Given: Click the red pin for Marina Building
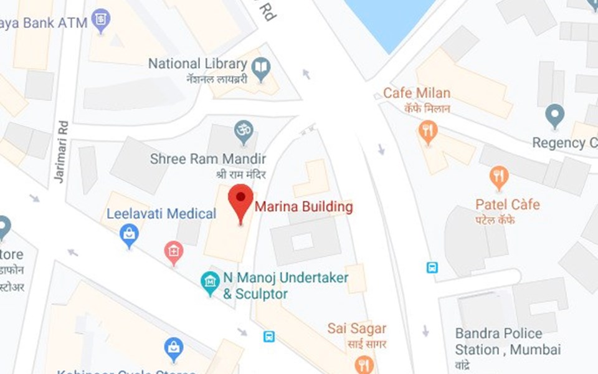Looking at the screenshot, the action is click(240, 198).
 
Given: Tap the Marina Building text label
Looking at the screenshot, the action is click(305, 207).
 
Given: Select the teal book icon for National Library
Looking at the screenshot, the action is click(262, 67).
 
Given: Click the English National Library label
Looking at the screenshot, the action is click(197, 64).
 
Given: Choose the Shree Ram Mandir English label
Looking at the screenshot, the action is click(208, 159).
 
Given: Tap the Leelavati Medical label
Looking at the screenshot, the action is click(161, 214).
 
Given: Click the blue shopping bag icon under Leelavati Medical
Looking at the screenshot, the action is click(129, 235).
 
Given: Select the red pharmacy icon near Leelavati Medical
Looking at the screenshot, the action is click(173, 252).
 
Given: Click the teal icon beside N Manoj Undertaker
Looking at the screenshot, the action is click(211, 282).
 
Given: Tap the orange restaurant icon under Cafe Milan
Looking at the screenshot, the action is click(427, 131).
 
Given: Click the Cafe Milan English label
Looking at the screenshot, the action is click(417, 93).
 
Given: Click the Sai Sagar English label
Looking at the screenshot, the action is click(358, 328).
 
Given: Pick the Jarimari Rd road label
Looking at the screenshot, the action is click(60, 151).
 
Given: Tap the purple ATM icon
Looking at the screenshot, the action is click(100, 19).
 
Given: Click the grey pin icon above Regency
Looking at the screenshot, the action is click(554, 115).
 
